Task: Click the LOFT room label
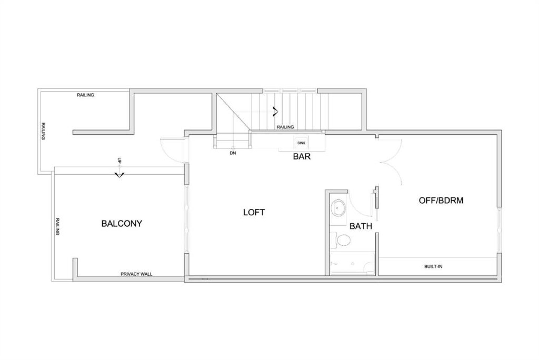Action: coord(254,212)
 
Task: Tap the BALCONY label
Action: coord(122,223)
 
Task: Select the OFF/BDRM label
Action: coord(441,201)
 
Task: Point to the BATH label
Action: coord(361,226)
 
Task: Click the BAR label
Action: coord(302,157)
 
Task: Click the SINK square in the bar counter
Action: coord(301,143)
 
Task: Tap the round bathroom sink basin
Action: coord(338,207)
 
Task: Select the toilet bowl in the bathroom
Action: coord(343,240)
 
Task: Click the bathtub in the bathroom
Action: coord(353,263)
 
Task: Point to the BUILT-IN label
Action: coord(433,266)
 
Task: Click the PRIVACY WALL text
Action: coord(136,274)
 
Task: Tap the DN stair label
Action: coord(233,153)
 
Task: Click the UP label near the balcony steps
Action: coord(119,161)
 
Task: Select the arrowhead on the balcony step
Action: coord(119,175)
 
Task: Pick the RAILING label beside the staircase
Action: coord(285,127)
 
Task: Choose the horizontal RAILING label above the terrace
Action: coord(85,95)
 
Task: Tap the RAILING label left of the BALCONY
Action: coord(58,226)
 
